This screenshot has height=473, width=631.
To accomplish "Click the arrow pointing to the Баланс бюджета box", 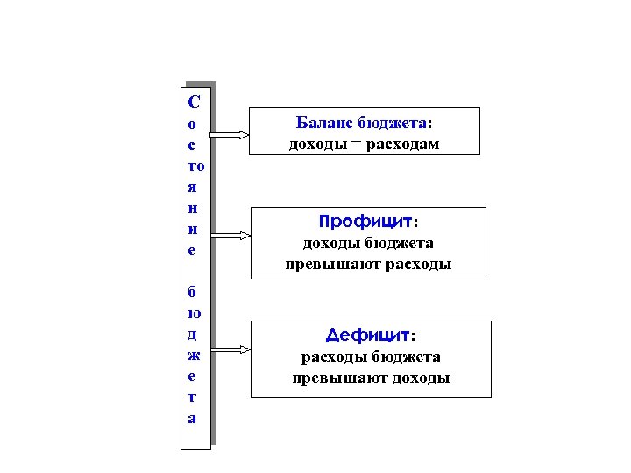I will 230,134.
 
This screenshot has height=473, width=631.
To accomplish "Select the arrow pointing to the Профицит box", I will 230,235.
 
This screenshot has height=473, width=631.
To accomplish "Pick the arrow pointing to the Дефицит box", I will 230,349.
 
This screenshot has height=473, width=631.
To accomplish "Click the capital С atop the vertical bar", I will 194,100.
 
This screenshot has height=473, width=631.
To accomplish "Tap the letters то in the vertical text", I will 195,166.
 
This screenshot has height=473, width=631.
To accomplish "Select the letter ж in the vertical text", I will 194,355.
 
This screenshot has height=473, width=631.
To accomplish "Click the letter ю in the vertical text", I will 194,313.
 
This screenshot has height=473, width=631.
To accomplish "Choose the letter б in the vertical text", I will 194,291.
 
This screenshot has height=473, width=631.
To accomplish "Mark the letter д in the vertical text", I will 194,334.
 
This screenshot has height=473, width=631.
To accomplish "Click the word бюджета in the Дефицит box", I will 406,357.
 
